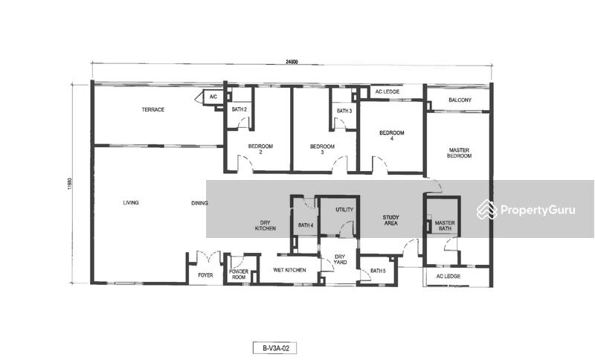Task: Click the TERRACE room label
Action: point(153,109)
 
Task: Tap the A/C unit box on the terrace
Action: point(213,97)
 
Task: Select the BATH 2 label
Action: point(239,109)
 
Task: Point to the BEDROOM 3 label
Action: point(322,150)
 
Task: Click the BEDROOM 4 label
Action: point(392,136)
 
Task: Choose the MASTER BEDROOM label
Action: point(459,153)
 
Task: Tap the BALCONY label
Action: point(460,100)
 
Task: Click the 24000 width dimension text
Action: point(292,62)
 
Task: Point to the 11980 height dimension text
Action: point(70,184)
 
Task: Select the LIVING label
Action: point(131,203)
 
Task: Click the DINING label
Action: point(199,203)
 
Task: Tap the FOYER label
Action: point(206,275)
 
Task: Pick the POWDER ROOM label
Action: point(239,274)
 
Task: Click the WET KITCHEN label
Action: point(289,270)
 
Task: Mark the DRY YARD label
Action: point(340,260)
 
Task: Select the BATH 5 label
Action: point(378,271)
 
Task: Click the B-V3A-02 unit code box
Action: point(274,348)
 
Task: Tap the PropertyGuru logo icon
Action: point(487,210)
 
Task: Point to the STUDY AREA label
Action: point(391,220)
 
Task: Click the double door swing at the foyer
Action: point(208,257)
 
